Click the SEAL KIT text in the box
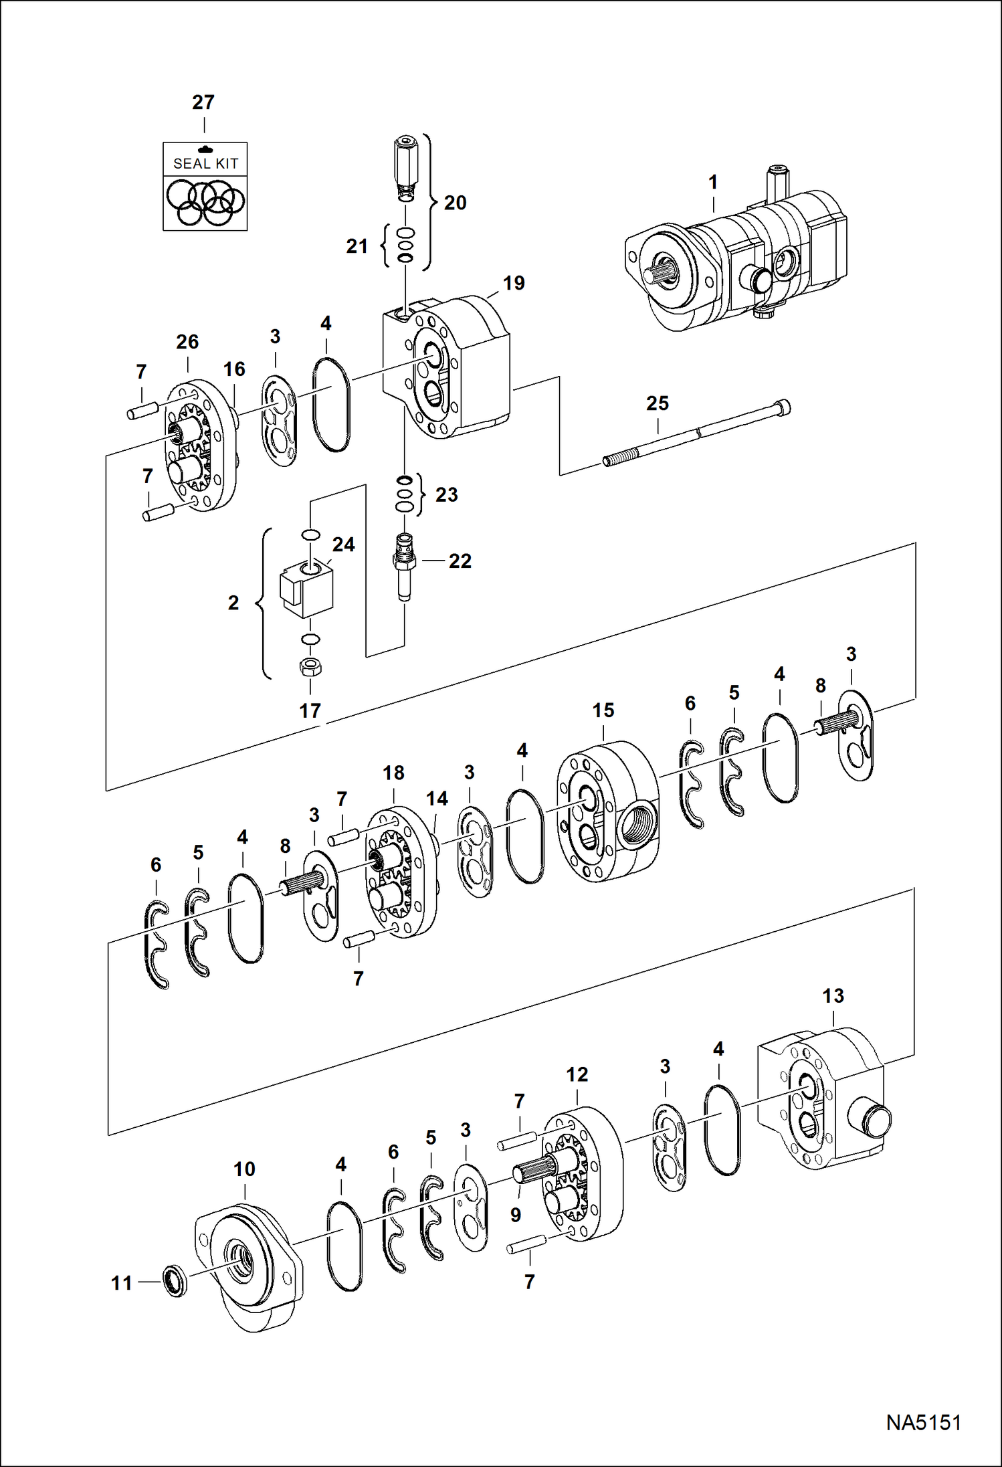pos(205,163)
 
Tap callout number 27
pos(203,102)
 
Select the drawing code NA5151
pos(923,1422)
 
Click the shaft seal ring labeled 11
pos(175,1281)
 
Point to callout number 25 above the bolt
pos(657,403)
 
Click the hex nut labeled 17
pos(310,666)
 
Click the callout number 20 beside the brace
pos(455,203)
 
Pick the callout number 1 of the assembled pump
pos(713,182)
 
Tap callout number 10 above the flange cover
pos(244,1169)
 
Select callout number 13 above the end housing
pos(833,996)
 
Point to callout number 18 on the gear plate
pos(393,773)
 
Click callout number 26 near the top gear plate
pos(187,342)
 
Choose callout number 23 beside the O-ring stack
pos(447,494)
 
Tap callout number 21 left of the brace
pos(357,246)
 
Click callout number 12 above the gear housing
pos(577,1074)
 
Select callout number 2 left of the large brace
pos(233,603)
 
